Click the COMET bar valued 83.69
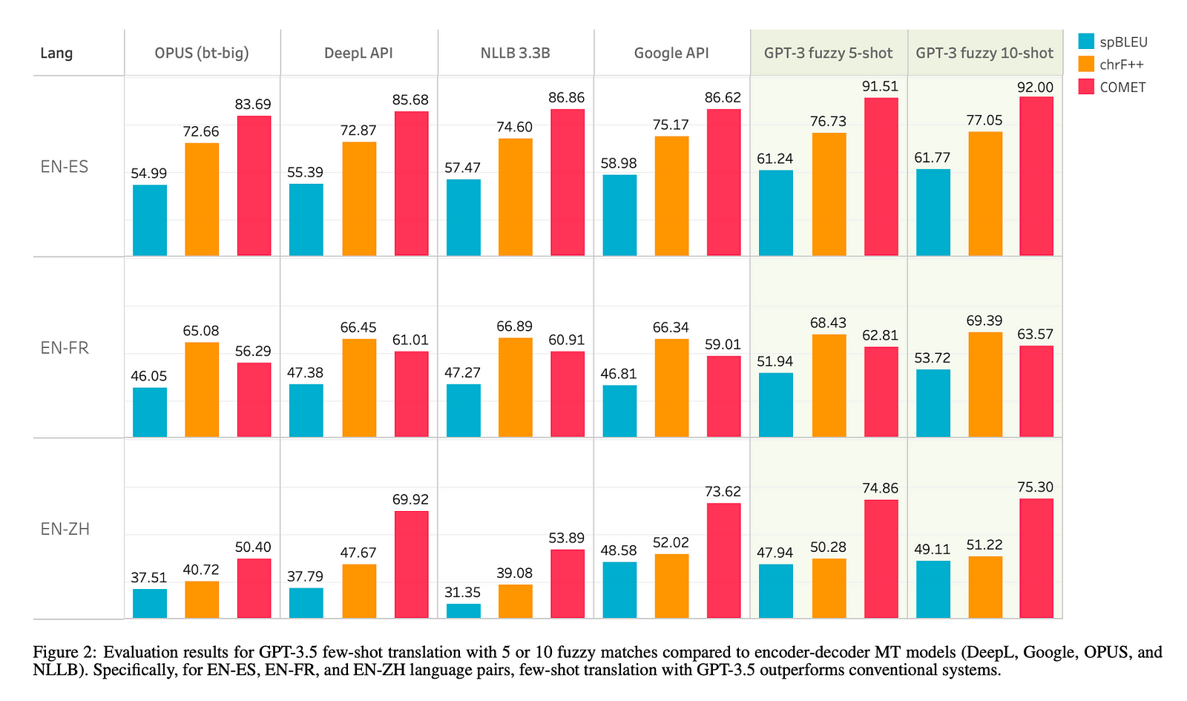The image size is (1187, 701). pos(254,185)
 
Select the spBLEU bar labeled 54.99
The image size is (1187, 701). pos(150,220)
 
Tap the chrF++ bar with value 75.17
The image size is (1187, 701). pos(671,196)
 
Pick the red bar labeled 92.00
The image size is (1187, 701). pos(1036,177)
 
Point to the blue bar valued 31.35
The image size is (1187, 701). pos(464,611)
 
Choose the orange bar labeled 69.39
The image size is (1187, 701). pos(985,384)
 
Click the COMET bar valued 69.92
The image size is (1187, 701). pos(411,565)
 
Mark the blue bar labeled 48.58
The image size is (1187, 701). pos(619,590)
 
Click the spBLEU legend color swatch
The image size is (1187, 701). pos(1086,42)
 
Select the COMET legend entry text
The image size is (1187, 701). pos(1122,88)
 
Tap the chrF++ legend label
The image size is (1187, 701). pos(1121,65)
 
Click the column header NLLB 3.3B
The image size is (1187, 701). pos(515,53)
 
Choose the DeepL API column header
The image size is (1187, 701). pos(358,53)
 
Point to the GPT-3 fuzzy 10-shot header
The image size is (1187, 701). pos(984,53)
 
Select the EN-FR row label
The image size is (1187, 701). pos(65,348)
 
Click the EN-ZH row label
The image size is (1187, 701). pos(65,530)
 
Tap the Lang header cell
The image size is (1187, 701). pos(56,53)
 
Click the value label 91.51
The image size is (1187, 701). pos(880,87)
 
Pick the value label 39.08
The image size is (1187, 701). pos(515,573)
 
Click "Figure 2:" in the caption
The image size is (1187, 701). pos(65,653)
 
